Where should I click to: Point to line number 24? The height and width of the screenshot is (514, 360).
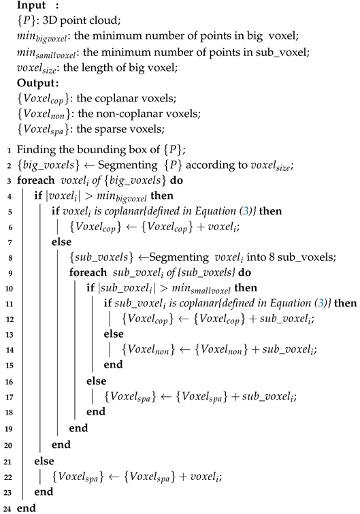tap(6, 507)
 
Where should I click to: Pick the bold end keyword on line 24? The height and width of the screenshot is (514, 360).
tap(24, 507)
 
